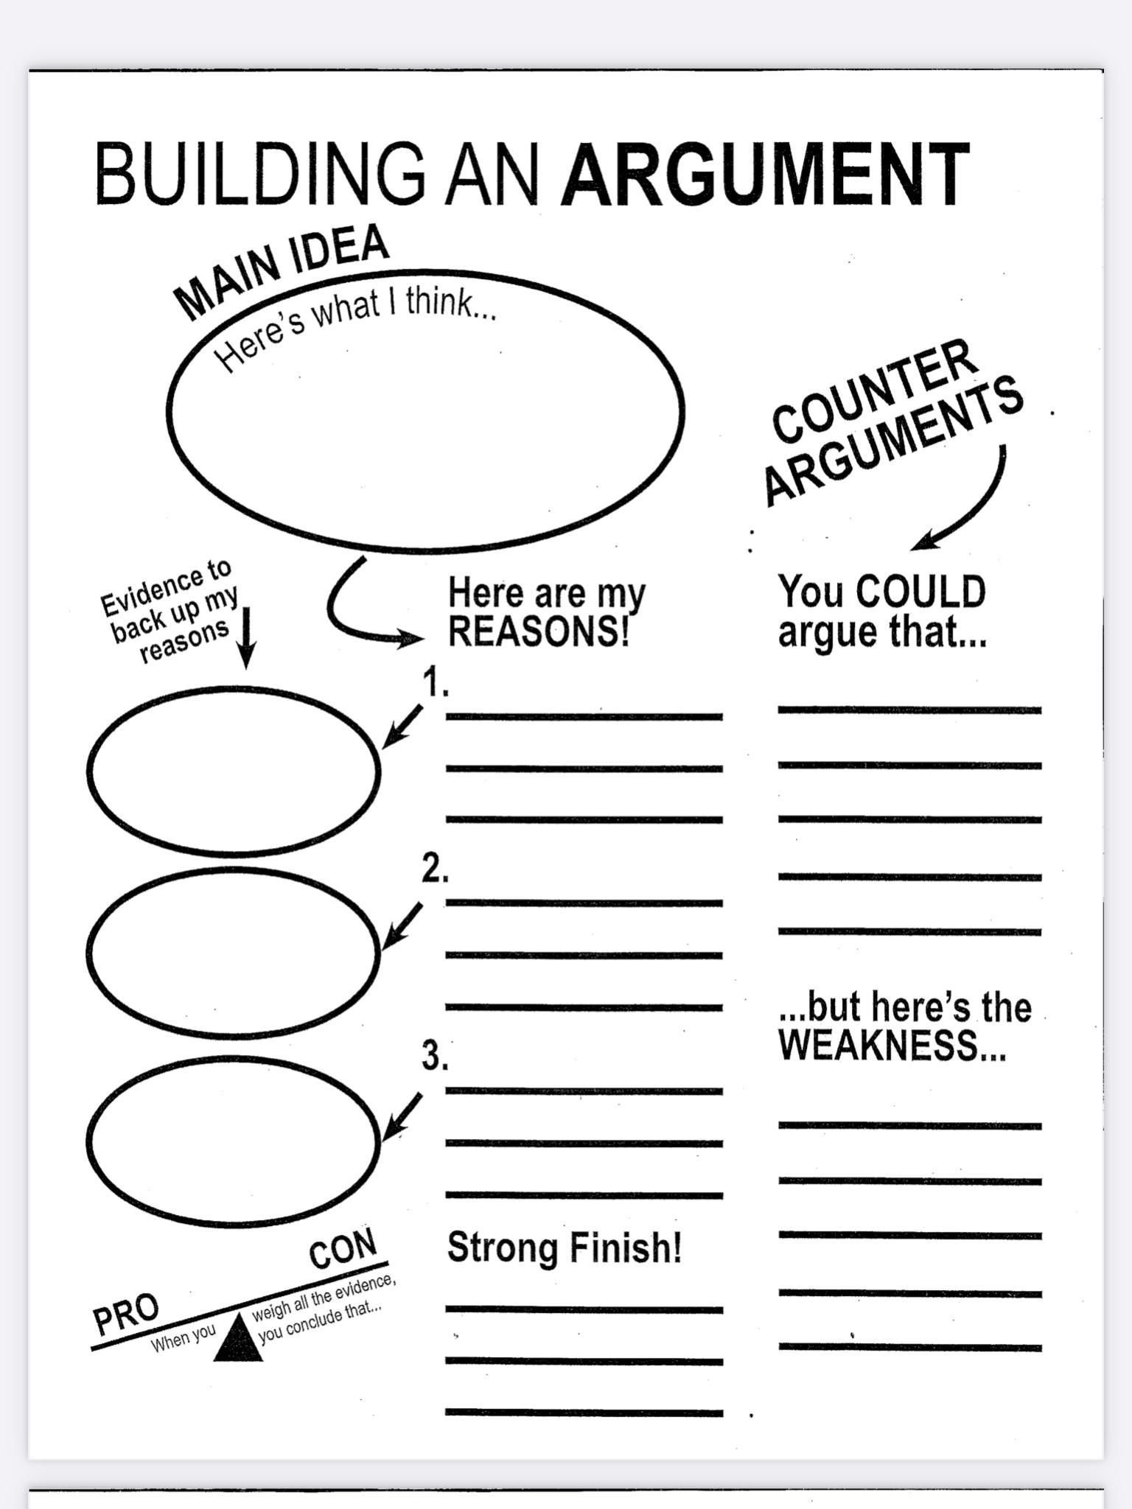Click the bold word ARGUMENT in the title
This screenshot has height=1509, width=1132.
click(765, 175)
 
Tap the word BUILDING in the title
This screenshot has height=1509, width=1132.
click(259, 175)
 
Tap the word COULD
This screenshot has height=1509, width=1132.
click(921, 592)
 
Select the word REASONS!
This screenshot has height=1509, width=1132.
click(539, 631)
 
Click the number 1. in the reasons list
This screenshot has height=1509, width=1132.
click(436, 683)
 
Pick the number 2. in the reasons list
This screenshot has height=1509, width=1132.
click(435, 869)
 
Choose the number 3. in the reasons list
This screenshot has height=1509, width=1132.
click(435, 1056)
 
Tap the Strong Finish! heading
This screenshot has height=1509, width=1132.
click(564, 1247)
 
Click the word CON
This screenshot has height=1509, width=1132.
click(343, 1250)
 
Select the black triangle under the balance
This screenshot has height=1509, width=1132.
click(238, 1341)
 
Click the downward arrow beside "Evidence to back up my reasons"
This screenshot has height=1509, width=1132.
click(247, 637)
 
